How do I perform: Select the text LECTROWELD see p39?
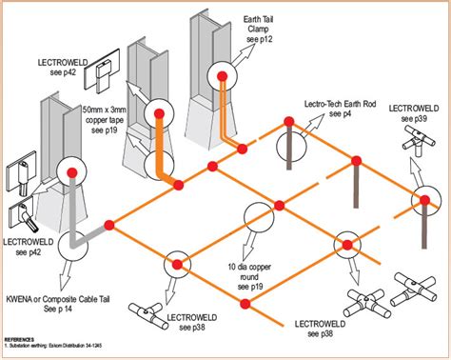click(415, 113)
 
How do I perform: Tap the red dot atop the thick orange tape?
click(160, 113)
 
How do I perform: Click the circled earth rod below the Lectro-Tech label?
click(291, 143)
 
